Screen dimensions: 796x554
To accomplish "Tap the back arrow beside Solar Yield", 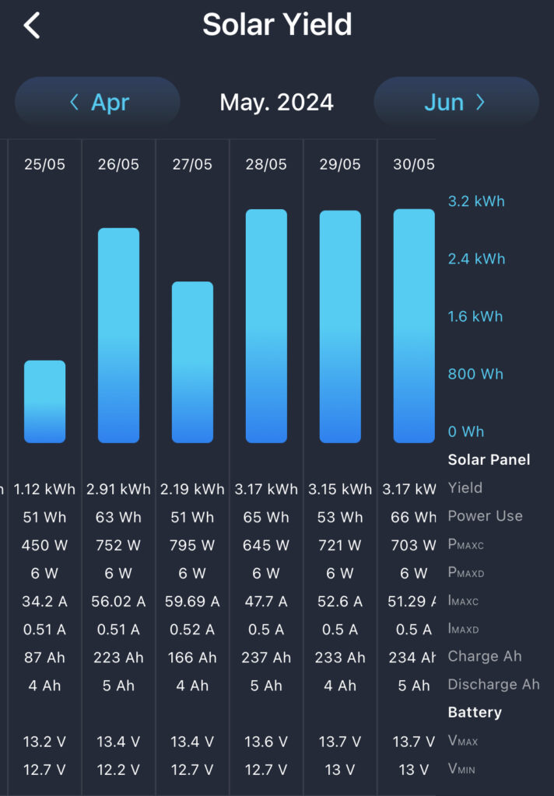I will tap(32, 25).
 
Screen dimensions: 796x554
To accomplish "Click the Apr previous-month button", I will tap(98, 102).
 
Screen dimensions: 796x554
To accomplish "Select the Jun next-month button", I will tap(456, 102).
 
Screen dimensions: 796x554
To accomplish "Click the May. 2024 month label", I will tap(276, 102).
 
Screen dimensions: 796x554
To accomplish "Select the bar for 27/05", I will tap(192, 361).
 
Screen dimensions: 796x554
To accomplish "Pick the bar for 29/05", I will tap(340, 326).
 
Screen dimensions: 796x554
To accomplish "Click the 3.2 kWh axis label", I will tap(476, 201).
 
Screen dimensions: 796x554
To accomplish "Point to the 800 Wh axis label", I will tap(475, 374).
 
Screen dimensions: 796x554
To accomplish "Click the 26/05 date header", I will tap(118, 164).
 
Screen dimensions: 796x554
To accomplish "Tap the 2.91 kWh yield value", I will tap(118, 489).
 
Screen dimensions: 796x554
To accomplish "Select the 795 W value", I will tap(192, 545).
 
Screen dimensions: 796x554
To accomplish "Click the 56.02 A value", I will tap(118, 601).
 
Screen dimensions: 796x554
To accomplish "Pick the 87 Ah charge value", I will tap(44, 657).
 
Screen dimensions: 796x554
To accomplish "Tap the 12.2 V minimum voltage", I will tap(118, 770).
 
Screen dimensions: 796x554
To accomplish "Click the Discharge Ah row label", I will tap(493, 685).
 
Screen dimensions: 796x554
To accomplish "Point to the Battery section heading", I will tap(475, 712).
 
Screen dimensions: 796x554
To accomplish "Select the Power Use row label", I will tap(485, 516).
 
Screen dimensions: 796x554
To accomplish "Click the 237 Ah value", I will tap(266, 657).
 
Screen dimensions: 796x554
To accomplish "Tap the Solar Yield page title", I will tap(277, 25).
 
